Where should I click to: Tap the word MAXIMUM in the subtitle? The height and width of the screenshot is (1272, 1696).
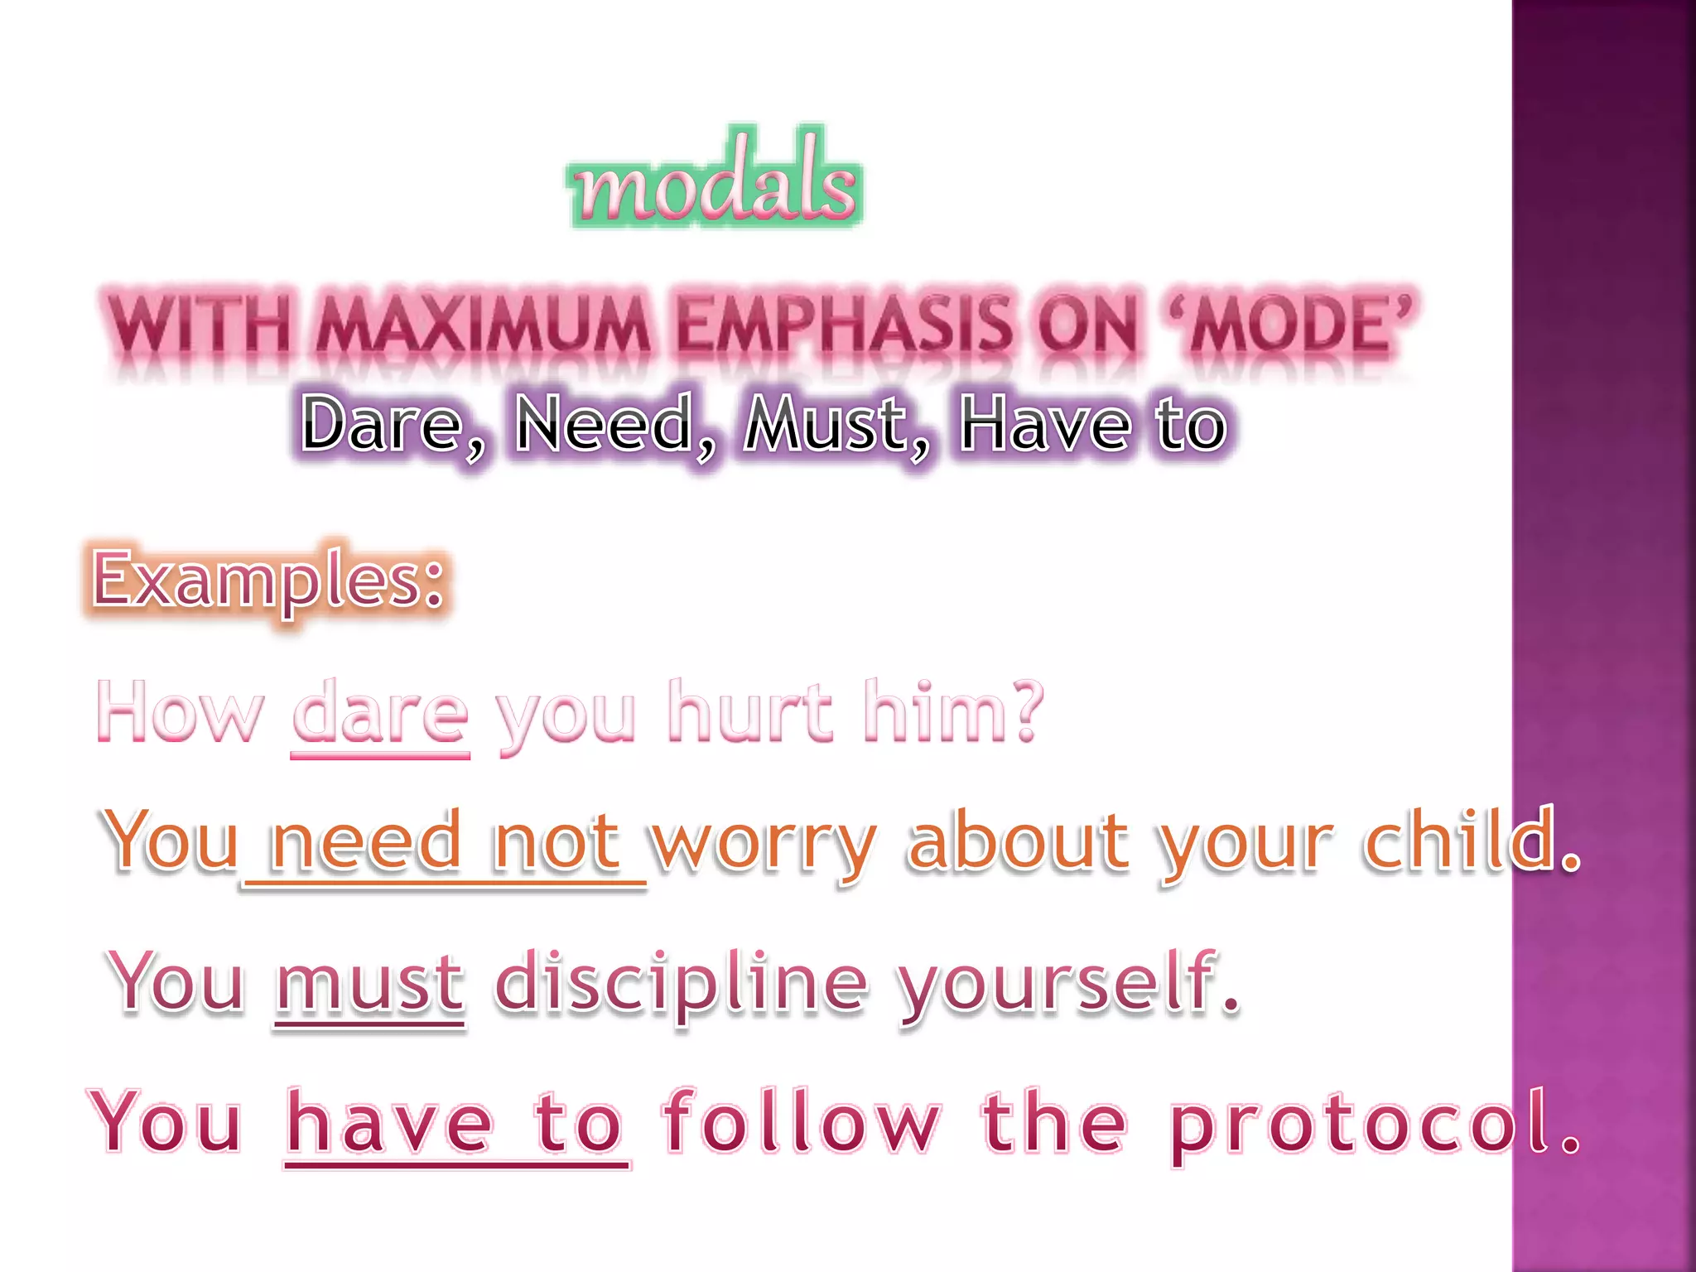tap(484, 325)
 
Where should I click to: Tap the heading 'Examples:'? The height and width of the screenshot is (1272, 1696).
tap(268, 580)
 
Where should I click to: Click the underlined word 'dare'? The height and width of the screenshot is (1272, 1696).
tap(381, 712)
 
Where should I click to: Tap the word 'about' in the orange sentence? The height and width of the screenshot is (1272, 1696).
tap(1019, 843)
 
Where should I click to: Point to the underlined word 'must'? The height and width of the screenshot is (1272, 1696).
tap(369, 984)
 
